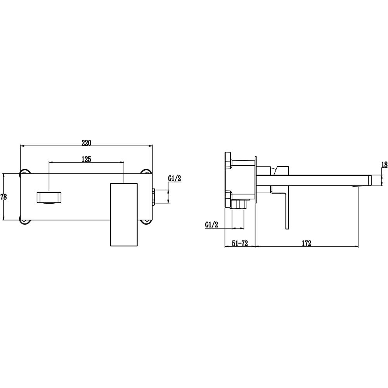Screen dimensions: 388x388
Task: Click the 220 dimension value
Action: pos(86,143)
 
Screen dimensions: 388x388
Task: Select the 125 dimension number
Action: pos(86,159)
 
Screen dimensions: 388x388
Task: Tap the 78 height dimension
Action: pos(4,197)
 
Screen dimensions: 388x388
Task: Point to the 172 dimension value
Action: pos(306,243)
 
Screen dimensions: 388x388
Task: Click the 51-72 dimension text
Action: pos(240,243)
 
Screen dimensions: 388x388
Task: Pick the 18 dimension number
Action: pos(384,165)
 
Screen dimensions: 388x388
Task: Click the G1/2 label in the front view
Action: pos(175,178)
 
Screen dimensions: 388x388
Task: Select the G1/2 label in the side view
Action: pos(211,224)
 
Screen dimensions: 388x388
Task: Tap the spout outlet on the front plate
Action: pos(49,197)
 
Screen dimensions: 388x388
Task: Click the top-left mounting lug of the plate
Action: pos(25,171)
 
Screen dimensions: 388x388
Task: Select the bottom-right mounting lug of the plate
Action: pos(147,222)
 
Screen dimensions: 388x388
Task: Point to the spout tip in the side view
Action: pos(369,180)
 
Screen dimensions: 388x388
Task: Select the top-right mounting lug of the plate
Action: pos(147,171)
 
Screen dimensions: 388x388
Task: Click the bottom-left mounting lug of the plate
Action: pos(25,222)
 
